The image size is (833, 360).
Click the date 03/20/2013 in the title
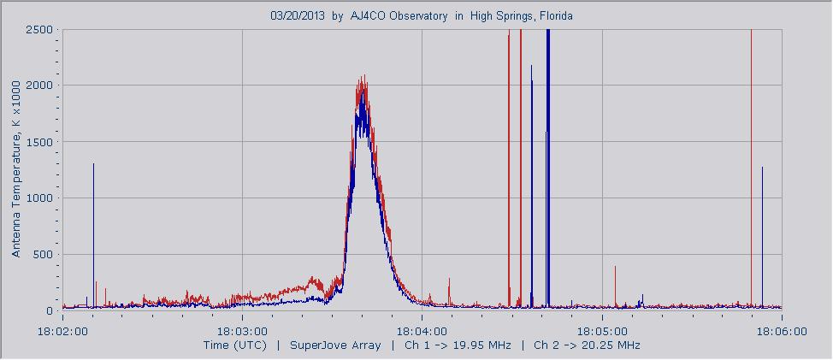[x=297, y=16]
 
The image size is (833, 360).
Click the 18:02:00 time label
[x=62, y=330]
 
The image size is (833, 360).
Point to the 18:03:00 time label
[x=242, y=330]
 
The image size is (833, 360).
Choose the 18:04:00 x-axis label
[x=422, y=330]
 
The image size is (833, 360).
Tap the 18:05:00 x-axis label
[x=602, y=330]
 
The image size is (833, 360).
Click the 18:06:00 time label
[x=782, y=330]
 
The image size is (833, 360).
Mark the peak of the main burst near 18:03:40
[x=363, y=77]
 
